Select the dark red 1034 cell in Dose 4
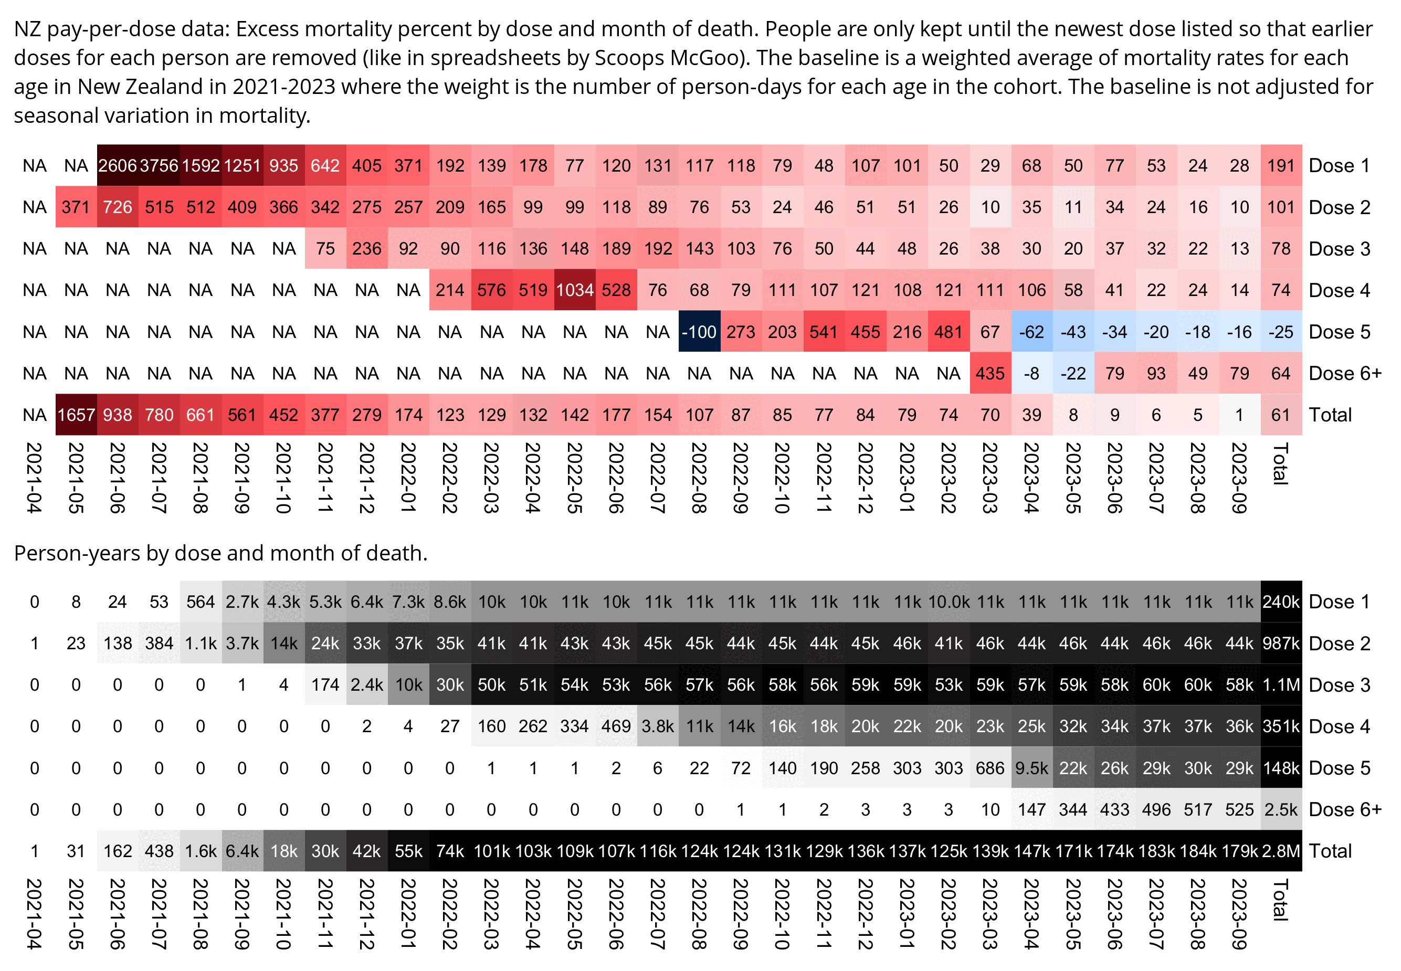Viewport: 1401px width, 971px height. (x=574, y=290)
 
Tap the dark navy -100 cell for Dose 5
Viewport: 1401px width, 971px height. (x=699, y=332)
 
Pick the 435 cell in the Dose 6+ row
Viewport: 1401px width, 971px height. (x=990, y=373)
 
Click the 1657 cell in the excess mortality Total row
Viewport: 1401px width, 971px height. (x=76, y=415)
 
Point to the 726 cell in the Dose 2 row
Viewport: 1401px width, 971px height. (x=118, y=207)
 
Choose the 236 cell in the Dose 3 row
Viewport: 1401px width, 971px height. (x=367, y=249)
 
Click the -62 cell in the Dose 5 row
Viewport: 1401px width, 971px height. (x=1032, y=332)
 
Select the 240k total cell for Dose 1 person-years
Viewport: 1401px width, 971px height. (x=1281, y=601)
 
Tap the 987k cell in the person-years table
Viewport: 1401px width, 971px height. (x=1281, y=643)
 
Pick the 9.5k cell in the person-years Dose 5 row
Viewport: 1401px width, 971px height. (x=1032, y=768)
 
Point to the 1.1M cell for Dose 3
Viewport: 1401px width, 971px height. (x=1281, y=685)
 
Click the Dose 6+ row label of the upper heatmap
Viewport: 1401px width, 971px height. (x=1345, y=373)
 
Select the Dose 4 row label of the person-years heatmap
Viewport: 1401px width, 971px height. (x=1339, y=726)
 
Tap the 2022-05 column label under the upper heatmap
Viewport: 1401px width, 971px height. (x=574, y=478)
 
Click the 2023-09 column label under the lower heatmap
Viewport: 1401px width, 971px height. (x=1239, y=913)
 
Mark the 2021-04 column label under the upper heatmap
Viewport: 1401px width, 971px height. (x=35, y=478)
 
